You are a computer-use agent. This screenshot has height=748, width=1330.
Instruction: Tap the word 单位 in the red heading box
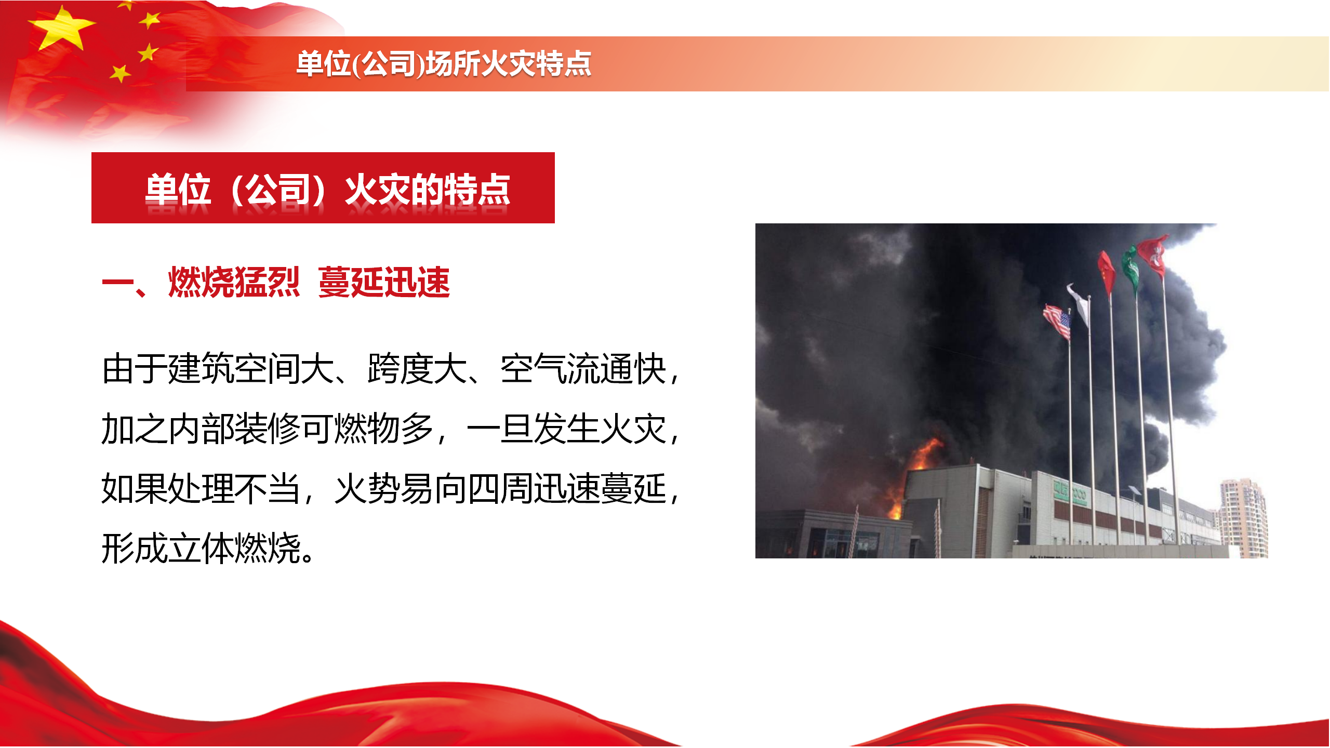(x=178, y=189)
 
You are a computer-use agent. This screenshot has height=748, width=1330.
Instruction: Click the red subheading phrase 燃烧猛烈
(x=234, y=282)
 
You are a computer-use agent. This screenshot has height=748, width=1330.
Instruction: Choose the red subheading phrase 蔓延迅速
(x=384, y=282)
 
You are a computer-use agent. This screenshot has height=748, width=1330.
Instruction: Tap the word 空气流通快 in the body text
(x=583, y=369)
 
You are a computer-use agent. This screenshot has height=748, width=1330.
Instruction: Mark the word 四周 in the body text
(x=500, y=488)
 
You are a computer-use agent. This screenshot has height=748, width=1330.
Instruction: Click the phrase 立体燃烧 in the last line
(x=234, y=548)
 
